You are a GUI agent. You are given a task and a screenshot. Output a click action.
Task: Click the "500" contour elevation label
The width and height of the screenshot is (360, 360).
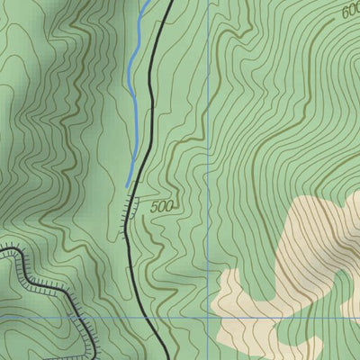163,206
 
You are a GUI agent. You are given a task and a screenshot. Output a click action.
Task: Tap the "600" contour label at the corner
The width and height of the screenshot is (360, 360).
350,11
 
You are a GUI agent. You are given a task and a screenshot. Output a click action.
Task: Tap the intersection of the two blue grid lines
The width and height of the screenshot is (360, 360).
208,318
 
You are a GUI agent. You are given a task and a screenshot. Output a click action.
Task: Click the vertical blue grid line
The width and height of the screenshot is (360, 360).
208,135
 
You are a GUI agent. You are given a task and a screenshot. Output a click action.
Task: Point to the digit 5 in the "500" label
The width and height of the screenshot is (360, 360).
155,206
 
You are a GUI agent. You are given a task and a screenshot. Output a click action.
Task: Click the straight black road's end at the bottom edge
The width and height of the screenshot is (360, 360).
168,358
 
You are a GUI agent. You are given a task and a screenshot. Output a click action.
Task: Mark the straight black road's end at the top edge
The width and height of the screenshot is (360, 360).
170,2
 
